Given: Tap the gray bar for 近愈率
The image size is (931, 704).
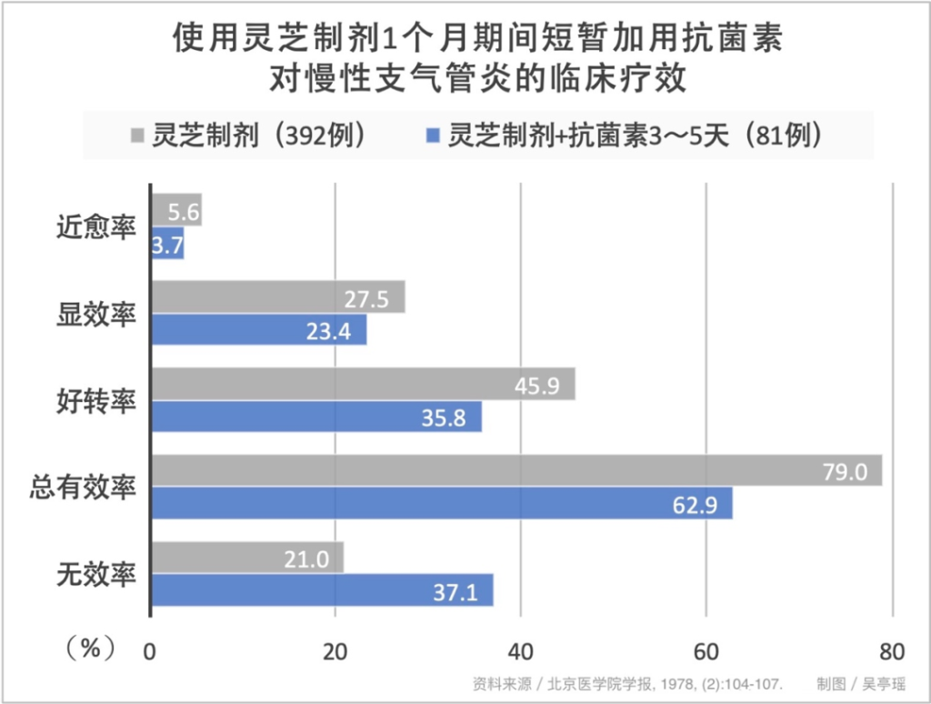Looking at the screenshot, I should tap(175, 210).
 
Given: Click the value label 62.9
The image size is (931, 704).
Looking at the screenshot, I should tap(694, 504).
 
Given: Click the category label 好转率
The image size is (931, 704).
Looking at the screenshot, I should tap(96, 401).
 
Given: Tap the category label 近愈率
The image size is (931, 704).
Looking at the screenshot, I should tap(96, 228).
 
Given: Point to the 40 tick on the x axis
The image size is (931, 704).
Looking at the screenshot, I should tap(520, 650).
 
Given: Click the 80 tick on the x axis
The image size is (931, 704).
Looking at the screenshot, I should tap(892, 650).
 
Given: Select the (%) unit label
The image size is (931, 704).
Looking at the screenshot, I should tap(90, 649).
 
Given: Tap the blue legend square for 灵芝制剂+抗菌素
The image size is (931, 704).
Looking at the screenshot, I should tap(433, 136).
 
